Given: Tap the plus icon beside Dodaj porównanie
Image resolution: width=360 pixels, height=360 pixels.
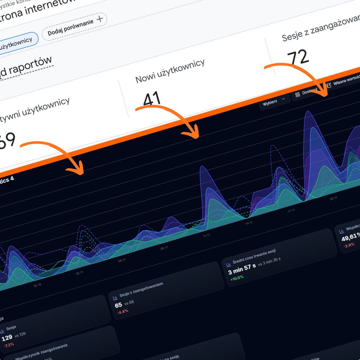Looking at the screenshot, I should click(x=99, y=19).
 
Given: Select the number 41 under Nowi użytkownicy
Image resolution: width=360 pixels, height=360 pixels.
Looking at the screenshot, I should click(x=152, y=99).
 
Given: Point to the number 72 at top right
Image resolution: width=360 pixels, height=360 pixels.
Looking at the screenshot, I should click(x=298, y=57).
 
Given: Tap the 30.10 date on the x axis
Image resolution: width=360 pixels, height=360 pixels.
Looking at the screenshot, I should click(x=37, y=285).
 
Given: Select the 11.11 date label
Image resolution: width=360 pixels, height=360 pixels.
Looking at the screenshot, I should click(x=206, y=236).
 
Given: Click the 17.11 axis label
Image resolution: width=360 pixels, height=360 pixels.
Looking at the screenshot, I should click(x=291, y=211).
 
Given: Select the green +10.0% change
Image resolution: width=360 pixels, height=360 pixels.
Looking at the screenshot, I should click(x=237, y=277).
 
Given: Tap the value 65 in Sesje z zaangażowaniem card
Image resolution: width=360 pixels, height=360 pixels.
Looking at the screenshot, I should click(x=118, y=305).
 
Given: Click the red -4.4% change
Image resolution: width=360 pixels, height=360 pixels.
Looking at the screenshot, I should click(x=122, y=311).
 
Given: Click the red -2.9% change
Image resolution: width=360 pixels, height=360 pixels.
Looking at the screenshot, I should click(x=349, y=245).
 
